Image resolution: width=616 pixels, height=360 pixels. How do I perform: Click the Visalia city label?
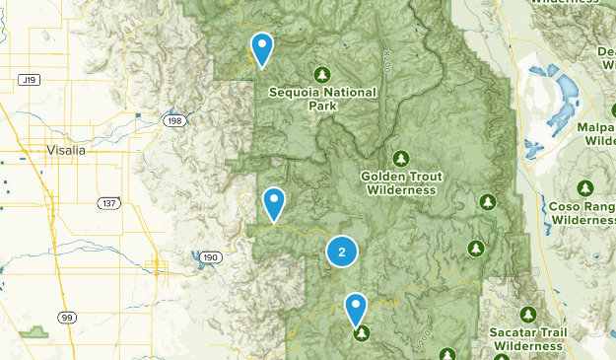(x=66, y=150)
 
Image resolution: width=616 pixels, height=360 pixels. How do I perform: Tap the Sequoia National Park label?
(x=321, y=99)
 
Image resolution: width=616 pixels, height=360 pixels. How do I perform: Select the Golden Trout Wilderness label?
(x=399, y=182)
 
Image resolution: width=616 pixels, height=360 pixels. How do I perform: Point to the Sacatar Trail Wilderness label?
(x=527, y=340)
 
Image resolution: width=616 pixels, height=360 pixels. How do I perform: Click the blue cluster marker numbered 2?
(x=341, y=252)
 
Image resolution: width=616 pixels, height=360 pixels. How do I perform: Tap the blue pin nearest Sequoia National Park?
(x=262, y=47)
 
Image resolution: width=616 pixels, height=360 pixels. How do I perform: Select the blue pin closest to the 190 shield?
(x=274, y=203)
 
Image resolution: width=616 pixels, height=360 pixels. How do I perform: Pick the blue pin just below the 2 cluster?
(x=356, y=309)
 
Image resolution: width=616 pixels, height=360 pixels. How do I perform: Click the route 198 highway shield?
(x=173, y=119)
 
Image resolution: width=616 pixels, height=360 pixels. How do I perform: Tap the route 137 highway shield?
(x=108, y=202)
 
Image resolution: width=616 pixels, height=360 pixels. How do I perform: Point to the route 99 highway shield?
(x=67, y=317)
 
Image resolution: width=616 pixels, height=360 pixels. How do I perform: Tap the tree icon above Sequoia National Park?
(x=321, y=74)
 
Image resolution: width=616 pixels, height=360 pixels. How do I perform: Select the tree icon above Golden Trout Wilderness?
(x=400, y=158)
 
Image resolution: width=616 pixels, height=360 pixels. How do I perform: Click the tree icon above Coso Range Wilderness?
(x=585, y=187)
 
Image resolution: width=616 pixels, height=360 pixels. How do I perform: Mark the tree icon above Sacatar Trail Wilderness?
(x=527, y=315)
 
